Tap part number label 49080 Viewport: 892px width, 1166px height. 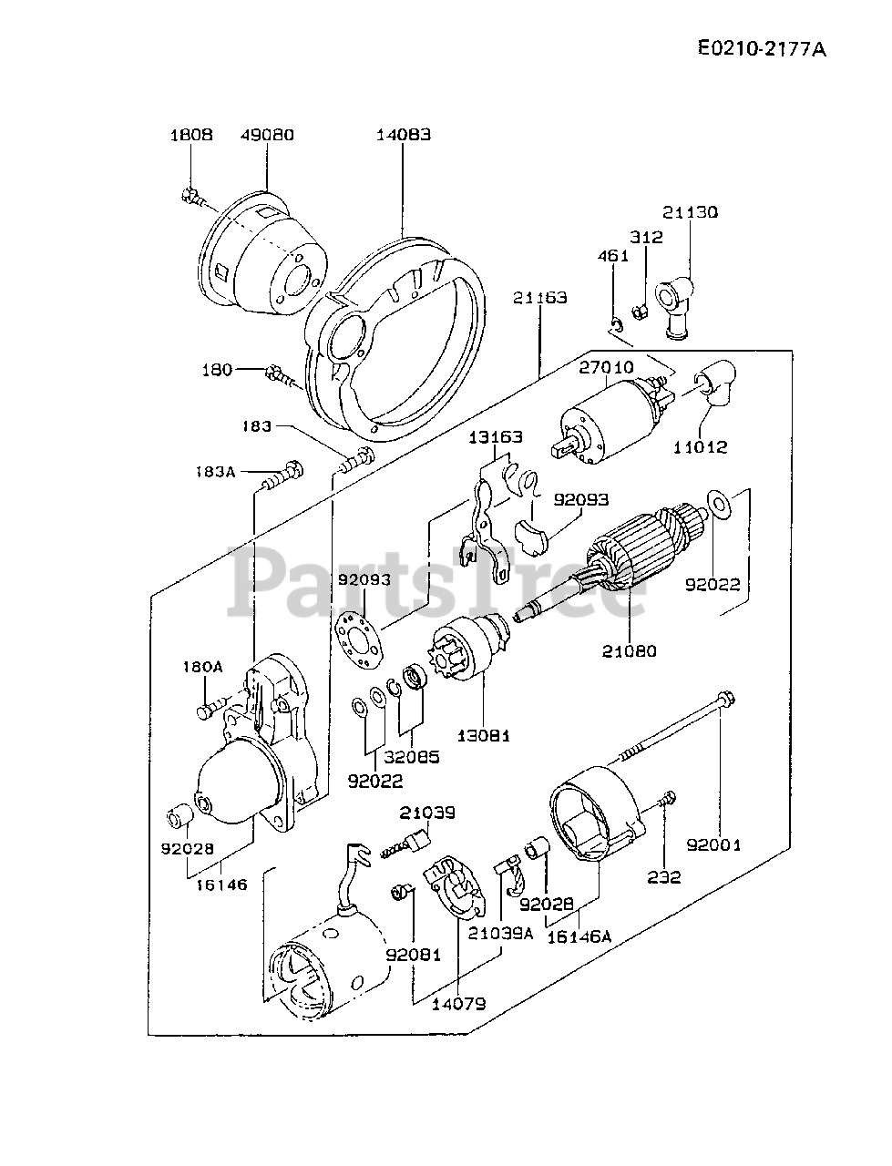[x=267, y=135]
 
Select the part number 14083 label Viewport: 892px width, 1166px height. [x=404, y=135]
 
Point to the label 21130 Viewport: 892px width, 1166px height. [x=690, y=212]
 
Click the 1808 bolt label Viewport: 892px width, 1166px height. [x=190, y=135]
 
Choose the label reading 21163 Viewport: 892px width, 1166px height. [x=539, y=297]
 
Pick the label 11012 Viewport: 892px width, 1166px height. [x=701, y=447]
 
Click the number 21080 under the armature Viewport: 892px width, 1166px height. [x=629, y=651]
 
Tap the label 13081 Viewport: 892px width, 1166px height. [x=484, y=735]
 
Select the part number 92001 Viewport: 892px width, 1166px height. [x=715, y=844]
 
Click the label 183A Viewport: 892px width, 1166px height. [x=215, y=472]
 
